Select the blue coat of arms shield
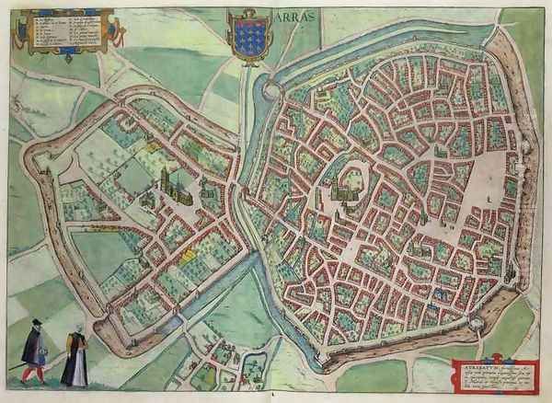tap(249, 40)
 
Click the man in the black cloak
tap(34, 350)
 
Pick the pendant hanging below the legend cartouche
tap(66, 57)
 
